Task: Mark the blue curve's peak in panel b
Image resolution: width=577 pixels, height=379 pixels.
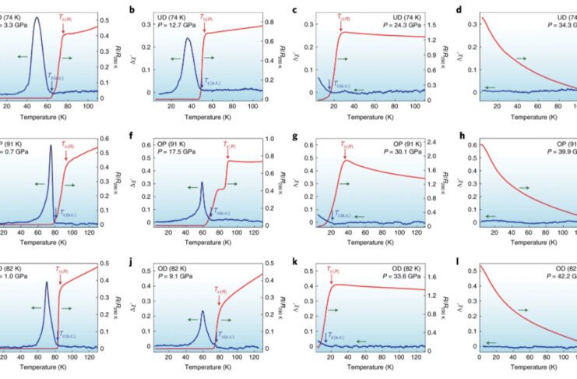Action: click(188, 38)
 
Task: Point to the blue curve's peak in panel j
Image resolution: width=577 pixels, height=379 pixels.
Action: click(202, 311)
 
